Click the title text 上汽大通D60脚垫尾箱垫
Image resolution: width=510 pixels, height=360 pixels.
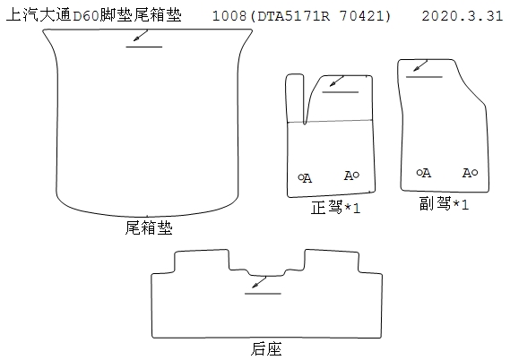[94, 15]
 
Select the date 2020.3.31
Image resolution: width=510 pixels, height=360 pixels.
[462, 15]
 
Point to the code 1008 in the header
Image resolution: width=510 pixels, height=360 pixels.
[229, 16]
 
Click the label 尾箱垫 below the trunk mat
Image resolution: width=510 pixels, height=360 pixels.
[149, 227]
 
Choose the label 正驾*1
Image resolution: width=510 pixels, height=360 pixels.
[335, 207]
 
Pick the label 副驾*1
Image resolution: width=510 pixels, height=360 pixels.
[444, 203]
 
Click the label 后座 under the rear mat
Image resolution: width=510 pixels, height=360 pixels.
[265, 349]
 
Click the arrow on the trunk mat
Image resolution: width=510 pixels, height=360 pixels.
[141, 36]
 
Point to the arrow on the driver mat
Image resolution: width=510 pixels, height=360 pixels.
[337, 81]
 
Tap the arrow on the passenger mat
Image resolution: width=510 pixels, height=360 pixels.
[420, 66]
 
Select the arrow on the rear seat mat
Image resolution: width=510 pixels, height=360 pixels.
[259, 282]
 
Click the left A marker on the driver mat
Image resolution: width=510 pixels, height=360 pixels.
[305, 178]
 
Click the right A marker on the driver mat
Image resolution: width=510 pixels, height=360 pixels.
[351, 176]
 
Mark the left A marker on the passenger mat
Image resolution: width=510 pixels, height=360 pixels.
[424, 173]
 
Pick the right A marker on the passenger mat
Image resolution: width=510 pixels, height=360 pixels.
[471, 173]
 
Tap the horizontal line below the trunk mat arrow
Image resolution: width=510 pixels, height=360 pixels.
[144, 47]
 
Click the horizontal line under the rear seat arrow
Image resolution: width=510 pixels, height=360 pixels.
[263, 294]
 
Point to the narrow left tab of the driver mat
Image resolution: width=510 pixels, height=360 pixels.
[295, 99]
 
